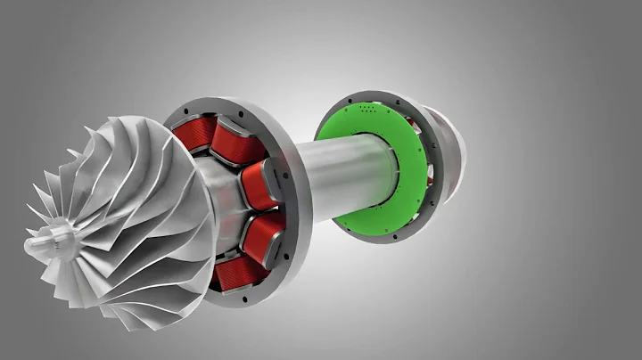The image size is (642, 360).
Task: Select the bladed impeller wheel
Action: [x=116, y=214]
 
